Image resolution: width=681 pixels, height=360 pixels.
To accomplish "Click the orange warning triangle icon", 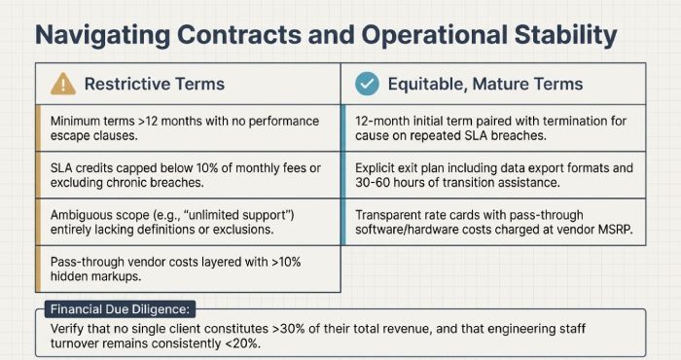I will coord(61,84).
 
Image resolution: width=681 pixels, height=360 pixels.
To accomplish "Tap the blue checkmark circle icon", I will coord(367,84).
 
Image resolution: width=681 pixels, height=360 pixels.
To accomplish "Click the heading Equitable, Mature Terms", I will coord(484,84).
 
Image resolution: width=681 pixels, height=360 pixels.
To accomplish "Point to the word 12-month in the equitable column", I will coord(384,122).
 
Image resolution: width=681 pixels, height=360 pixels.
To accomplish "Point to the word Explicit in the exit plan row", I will coord(378,168).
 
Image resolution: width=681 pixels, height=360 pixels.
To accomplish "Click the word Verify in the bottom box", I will coord(65,330).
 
